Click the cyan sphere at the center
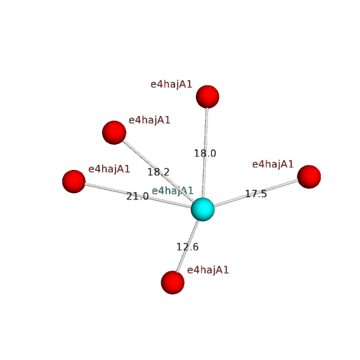pos(202,210)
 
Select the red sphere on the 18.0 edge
pos(207,96)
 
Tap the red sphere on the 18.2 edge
pos(114,132)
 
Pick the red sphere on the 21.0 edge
pos(73,181)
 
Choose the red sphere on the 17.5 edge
pos(309,177)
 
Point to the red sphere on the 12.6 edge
pos(173,282)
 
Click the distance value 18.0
pos(205,153)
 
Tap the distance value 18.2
pos(158,172)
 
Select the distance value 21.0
pos(138,197)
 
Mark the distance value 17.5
pos(256,194)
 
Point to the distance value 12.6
pos(187,247)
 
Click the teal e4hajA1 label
pos(173,191)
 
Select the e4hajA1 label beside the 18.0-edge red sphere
pos(171,85)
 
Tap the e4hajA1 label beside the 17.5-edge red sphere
pos(273,165)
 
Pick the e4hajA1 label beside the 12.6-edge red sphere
pos(208,271)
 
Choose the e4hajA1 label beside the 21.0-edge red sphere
pos(109,169)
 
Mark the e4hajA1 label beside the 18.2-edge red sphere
pos(150,120)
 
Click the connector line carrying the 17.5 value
pos(256,193)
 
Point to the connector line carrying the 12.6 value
pos(187,246)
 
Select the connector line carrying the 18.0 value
pos(205,153)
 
